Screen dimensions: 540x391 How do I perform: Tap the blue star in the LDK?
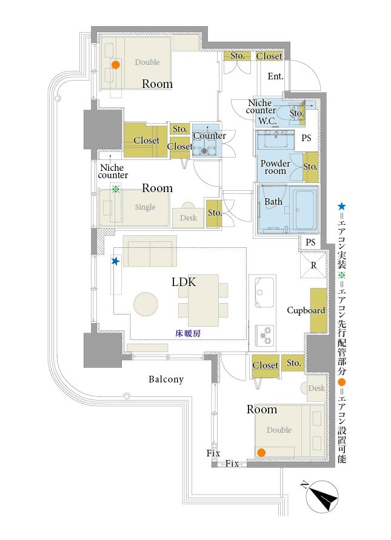115,261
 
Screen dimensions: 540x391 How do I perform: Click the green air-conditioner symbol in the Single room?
115,190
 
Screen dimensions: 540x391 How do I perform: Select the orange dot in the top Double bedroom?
115,64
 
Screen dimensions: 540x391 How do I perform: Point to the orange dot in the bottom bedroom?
261,452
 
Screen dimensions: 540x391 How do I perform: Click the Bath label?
273,201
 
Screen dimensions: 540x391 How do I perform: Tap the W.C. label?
267,121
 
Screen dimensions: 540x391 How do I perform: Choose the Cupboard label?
306,310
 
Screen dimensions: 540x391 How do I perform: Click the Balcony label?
166,379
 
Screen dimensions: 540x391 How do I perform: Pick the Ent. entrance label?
276,76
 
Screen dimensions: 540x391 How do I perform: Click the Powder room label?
275,167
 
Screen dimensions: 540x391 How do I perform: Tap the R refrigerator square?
313,265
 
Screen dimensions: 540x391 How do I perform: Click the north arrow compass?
321,497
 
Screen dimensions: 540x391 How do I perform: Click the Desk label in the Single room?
188,218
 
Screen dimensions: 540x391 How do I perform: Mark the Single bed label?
145,207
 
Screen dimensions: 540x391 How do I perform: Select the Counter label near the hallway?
209,136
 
